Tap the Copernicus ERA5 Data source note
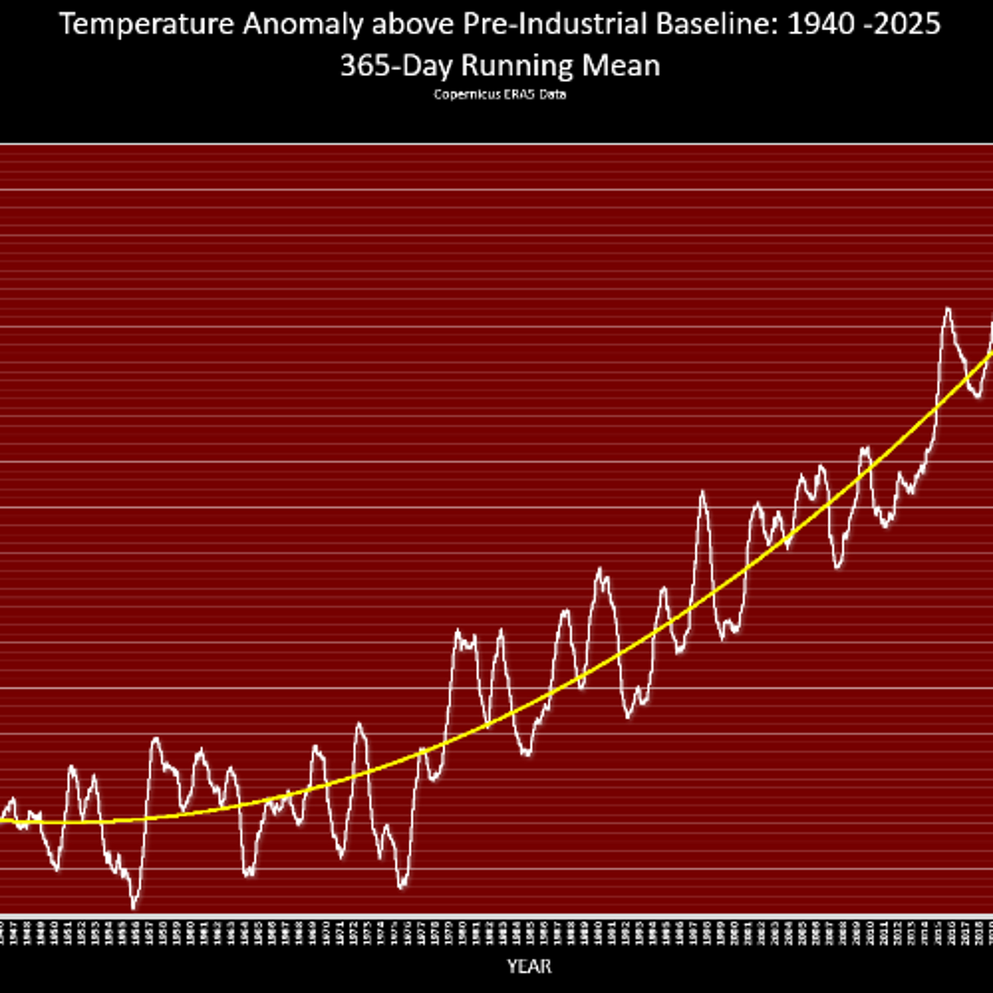(x=499, y=95)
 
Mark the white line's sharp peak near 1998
(x=702, y=493)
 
